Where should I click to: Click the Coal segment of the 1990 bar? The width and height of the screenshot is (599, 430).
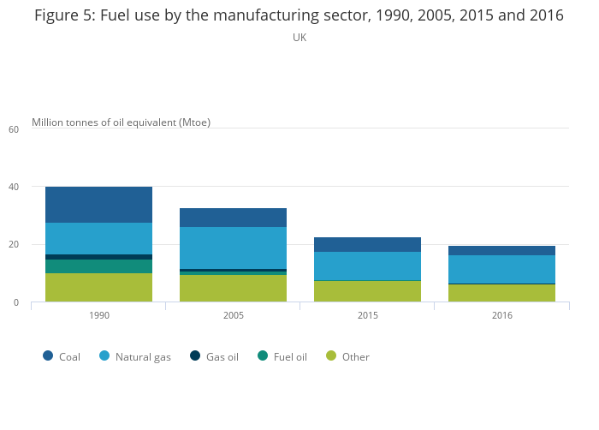(x=98, y=205)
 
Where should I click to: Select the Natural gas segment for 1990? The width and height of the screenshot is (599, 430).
(x=98, y=238)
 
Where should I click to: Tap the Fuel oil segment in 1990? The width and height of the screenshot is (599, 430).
(x=98, y=266)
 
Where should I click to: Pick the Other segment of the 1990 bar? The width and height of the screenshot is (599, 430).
(x=98, y=287)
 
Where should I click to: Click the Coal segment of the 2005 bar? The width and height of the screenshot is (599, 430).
(x=233, y=218)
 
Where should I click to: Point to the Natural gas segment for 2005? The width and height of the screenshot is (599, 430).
(x=233, y=248)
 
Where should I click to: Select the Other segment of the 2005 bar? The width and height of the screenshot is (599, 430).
(x=233, y=288)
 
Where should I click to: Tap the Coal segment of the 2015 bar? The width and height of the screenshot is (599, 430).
(x=367, y=244)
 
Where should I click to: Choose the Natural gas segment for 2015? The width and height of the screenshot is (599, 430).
(x=367, y=266)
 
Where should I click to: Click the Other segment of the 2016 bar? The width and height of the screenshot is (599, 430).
(x=501, y=293)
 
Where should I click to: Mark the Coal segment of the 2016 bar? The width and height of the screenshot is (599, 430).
(x=501, y=250)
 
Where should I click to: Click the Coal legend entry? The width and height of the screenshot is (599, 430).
(x=62, y=356)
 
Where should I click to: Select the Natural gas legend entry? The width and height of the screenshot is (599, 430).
(x=135, y=356)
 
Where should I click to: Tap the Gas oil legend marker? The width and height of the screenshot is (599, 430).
(x=195, y=355)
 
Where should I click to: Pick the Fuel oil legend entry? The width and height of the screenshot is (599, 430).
(x=282, y=356)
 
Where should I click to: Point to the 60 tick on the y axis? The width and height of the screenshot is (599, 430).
(x=13, y=129)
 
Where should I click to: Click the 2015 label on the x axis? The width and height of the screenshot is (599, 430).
(x=367, y=316)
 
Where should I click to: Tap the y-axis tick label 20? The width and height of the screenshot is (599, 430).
(x=13, y=245)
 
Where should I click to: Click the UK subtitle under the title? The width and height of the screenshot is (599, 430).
(x=299, y=38)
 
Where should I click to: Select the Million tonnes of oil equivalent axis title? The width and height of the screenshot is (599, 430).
(x=121, y=122)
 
